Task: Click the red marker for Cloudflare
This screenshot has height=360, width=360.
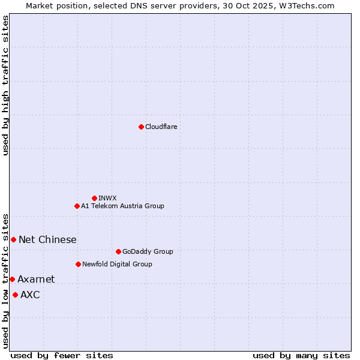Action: tap(141, 127)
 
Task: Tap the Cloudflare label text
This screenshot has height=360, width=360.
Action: tap(161, 127)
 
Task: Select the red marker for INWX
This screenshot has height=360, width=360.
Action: tap(94, 198)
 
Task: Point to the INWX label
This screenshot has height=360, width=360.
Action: tap(107, 198)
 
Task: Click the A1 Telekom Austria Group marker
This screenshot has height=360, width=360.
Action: tap(77, 206)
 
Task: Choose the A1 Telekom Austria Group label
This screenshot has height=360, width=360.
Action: tap(122, 206)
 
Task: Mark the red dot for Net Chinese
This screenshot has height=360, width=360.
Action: tap(13, 239)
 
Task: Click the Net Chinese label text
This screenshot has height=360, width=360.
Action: tap(47, 239)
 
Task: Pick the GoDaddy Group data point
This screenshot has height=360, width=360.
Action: tap(118, 251)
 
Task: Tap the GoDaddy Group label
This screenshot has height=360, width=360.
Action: tap(147, 251)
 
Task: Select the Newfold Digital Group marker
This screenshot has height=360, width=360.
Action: tap(78, 264)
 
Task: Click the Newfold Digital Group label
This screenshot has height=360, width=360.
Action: tap(117, 264)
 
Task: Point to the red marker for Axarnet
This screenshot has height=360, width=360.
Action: tap(12, 279)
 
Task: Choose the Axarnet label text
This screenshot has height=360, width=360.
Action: tap(36, 279)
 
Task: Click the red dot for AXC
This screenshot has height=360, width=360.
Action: tap(15, 295)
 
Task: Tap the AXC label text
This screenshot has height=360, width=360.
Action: tap(30, 295)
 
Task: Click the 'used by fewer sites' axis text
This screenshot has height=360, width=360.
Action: tap(62, 355)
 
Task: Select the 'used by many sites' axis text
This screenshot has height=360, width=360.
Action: tap(301, 355)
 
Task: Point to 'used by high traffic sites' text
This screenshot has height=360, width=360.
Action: tap(5, 85)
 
